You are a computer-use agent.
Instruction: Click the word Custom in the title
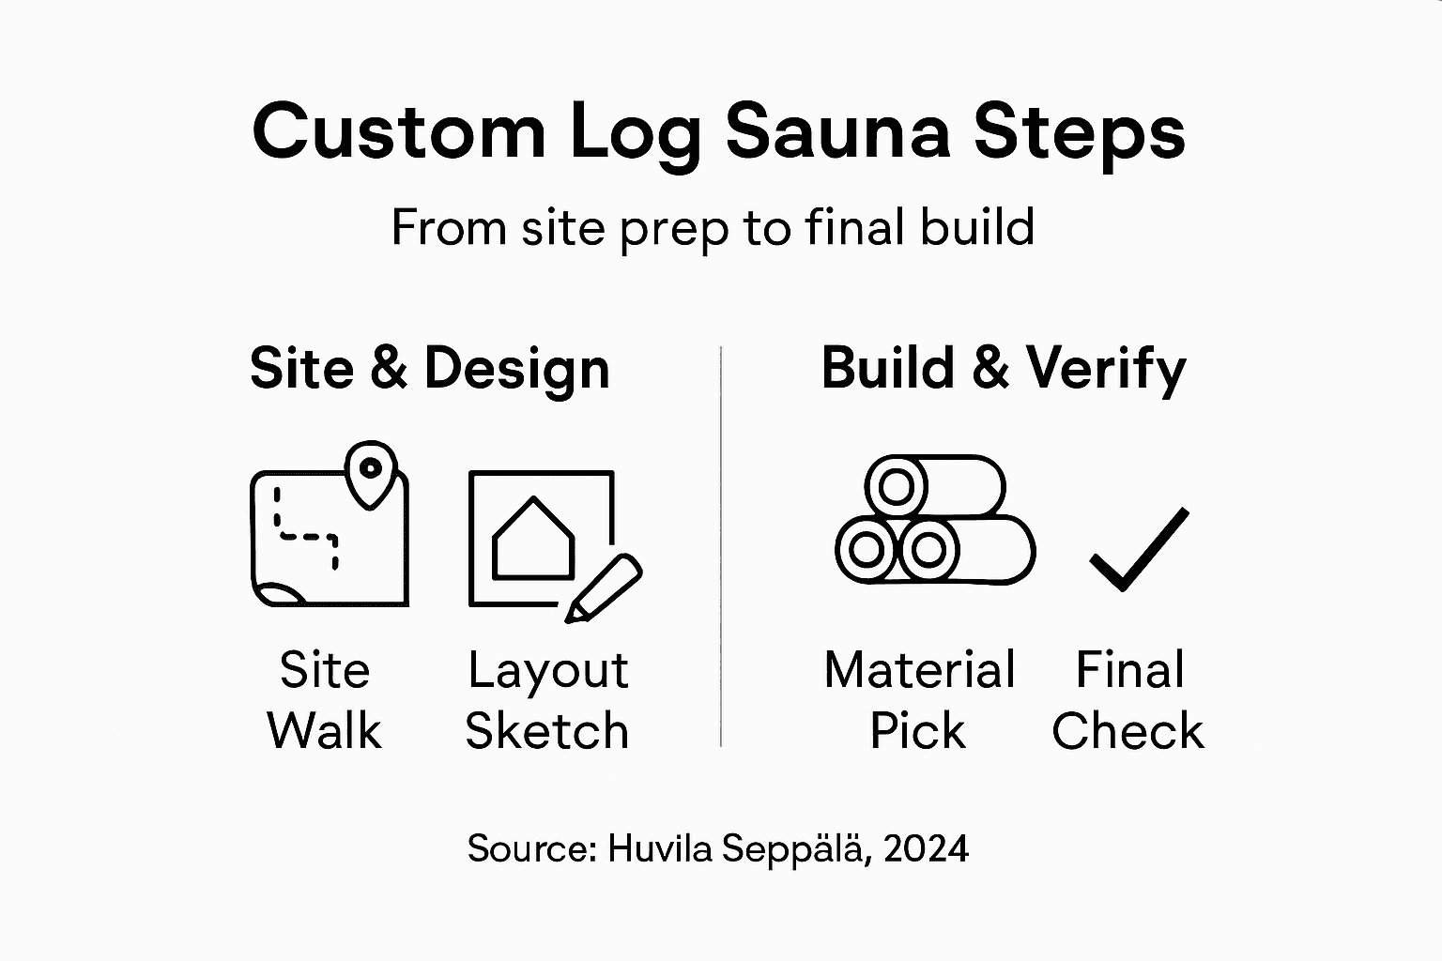pos(399,132)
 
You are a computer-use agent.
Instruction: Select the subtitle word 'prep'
pos(674,228)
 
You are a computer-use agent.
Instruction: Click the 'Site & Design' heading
pos(430,368)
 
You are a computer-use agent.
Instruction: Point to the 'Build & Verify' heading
pos(1003,368)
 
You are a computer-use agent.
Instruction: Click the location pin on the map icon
pos(371,469)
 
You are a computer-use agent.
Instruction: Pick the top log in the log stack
pos(935,486)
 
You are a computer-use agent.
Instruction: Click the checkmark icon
pos(1140,550)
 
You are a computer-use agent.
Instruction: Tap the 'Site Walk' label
pos(324,700)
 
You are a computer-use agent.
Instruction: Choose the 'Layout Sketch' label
pos(547,700)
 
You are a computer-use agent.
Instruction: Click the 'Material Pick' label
pos(919,700)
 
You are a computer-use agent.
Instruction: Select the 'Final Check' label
pos(1128,700)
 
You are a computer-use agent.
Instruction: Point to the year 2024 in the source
pos(926,849)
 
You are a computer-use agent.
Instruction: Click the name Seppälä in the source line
pos(794,849)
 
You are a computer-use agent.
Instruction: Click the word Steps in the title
pos(1079,132)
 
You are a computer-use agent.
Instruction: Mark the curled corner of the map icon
pos(276,594)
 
